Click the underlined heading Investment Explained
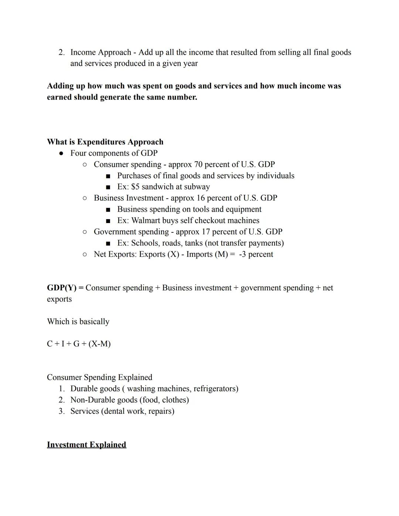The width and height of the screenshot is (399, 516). [x=86, y=444]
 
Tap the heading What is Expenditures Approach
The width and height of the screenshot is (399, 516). [x=105, y=142]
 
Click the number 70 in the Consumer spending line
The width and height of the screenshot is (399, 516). [x=198, y=164]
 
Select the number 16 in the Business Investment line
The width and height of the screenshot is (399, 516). [x=201, y=198]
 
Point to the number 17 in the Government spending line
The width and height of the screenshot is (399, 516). [x=205, y=232]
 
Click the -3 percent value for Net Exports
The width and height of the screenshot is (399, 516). [x=256, y=254]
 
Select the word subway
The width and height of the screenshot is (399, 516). [x=197, y=187]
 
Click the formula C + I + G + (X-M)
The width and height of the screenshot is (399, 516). [x=79, y=344]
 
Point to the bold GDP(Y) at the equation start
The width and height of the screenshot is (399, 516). [x=61, y=288]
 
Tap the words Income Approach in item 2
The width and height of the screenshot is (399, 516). [x=100, y=52]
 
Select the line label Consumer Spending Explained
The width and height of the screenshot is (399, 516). [x=99, y=377]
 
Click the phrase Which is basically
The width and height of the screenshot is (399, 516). [x=78, y=321]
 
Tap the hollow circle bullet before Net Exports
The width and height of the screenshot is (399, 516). [x=85, y=254]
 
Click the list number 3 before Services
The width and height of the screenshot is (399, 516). [x=61, y=411]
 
